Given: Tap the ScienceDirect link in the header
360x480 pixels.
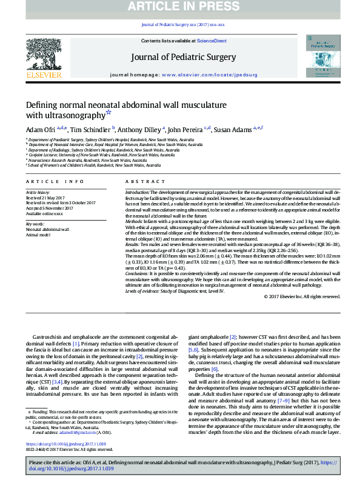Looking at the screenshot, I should point(212,41).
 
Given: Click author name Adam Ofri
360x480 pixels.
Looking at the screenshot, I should point(40,130).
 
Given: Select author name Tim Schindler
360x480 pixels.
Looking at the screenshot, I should point(92,130).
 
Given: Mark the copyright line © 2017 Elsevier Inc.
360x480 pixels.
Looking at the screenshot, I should point(302,296).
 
